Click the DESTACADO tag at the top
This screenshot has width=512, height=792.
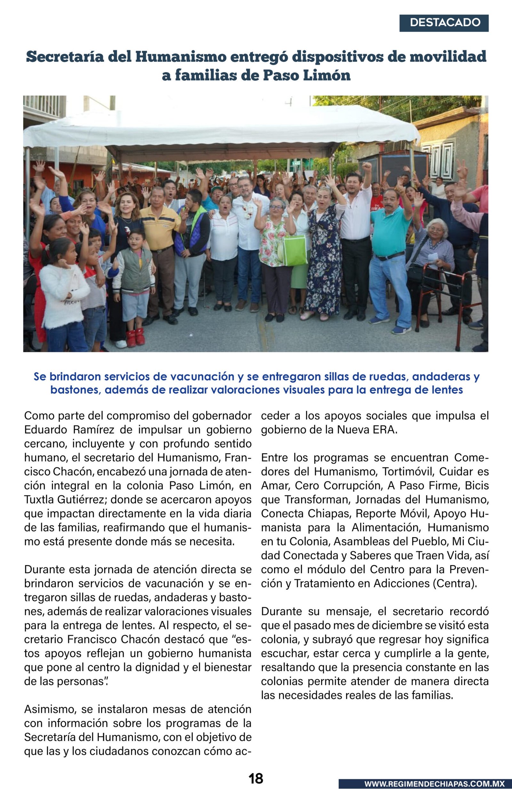(x=444, y=23)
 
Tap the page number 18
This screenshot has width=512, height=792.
(x=256, y=778)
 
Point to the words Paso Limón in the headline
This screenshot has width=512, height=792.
(x=307, y=76)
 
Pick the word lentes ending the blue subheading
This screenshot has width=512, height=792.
(x=446, y=389)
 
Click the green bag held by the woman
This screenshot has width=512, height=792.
(x=295, y=250)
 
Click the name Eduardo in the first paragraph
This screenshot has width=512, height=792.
(x=45, y=430)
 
